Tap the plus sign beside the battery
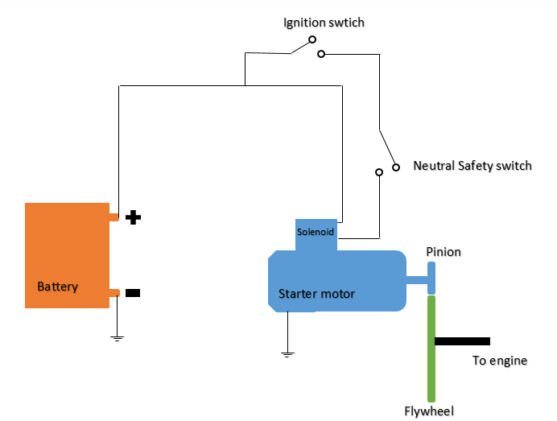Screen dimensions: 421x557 click(134, 217)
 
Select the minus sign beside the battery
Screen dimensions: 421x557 click(133, 293)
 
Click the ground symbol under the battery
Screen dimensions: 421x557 click(118, 338)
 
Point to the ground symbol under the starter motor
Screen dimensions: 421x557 click(287, 353)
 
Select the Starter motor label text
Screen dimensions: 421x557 click(316, 294)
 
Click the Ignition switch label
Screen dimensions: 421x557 click(324, 23)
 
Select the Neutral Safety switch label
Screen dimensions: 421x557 click(472, 166)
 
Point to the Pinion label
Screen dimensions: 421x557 click(444, 252)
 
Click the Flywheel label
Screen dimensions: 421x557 click(429, 411)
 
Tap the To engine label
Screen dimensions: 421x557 click(499, 361)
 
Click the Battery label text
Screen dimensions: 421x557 click(57, 287)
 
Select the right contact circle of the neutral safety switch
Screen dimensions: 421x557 click(396, 167)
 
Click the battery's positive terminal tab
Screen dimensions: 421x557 click(113, 217)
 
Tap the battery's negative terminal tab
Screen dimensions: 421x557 click(113, 293)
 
